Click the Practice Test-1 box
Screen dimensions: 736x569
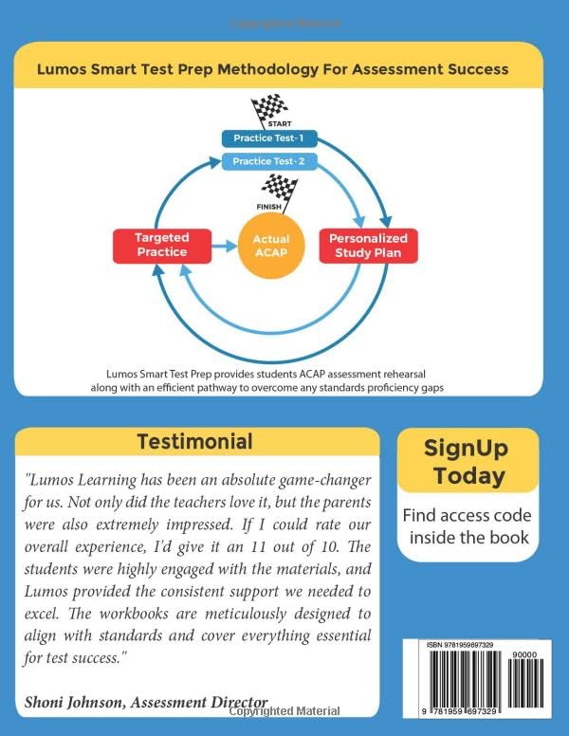point(268,139)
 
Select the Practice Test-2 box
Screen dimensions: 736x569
point(268,161)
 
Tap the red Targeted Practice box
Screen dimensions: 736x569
point(161,244)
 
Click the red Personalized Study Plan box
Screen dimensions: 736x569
point(368,245)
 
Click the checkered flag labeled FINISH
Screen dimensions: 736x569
point(277,190)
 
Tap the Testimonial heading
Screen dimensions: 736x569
point(194,442)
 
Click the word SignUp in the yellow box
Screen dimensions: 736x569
point(466,448)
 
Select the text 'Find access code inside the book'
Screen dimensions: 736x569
point(466,526)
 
